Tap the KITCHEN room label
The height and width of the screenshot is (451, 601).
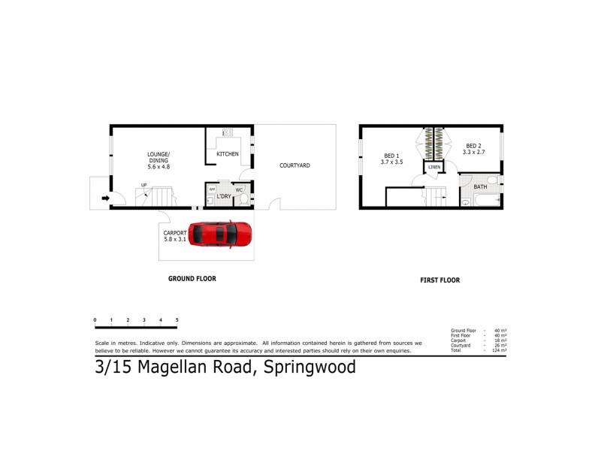228,154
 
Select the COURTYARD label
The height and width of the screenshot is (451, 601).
294,165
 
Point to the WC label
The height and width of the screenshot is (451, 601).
239,189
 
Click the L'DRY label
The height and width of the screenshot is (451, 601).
223,197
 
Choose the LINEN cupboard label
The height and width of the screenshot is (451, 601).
434,167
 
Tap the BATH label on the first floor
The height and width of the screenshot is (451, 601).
479,187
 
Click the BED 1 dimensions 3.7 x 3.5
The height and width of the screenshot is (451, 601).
391,162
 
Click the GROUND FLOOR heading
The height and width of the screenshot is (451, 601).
192,278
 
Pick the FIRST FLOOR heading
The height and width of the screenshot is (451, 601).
439,280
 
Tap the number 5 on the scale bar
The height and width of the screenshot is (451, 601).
177,320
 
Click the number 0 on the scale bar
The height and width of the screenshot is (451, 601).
95,320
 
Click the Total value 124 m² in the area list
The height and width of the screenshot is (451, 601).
499,351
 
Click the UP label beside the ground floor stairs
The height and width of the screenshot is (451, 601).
143,184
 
